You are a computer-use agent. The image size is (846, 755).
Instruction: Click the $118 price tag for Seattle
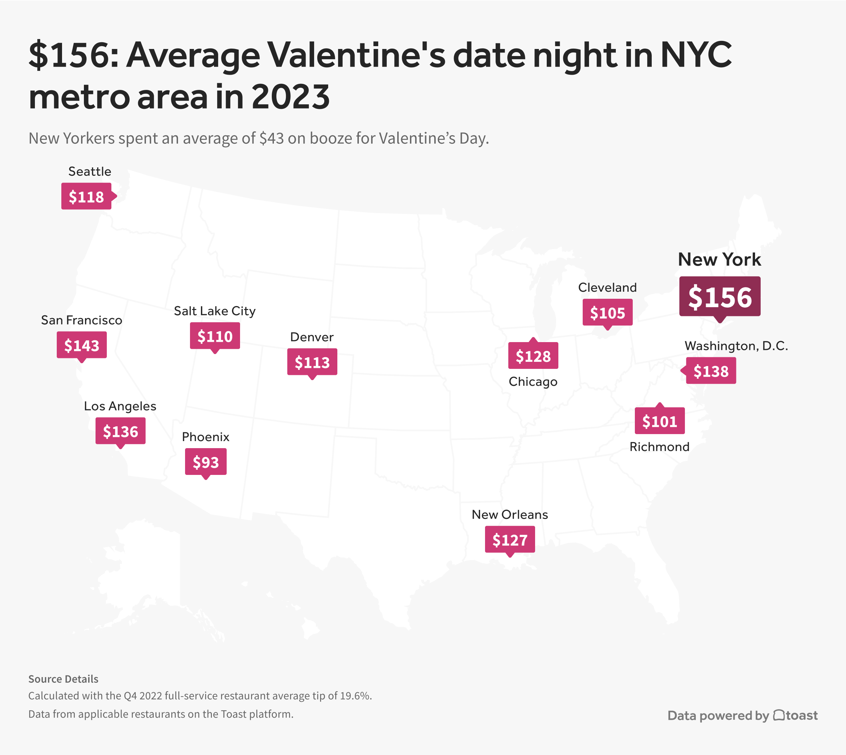86,196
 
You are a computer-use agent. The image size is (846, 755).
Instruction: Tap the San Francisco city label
81,320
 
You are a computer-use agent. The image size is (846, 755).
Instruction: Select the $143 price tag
82,345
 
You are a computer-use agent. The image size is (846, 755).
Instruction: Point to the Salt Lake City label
215,311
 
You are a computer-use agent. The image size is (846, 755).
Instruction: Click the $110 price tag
215,336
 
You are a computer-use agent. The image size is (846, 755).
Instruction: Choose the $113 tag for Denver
312,362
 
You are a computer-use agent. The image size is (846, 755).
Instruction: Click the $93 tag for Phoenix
206,462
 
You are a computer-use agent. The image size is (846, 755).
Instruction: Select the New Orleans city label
510,514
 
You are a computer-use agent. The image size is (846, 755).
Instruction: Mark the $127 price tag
510,540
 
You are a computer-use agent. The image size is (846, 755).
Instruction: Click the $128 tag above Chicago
533,356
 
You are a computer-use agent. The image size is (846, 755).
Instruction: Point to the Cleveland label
607,287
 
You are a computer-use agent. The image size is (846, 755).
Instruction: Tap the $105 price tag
607,312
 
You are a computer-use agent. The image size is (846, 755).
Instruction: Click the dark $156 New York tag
720,297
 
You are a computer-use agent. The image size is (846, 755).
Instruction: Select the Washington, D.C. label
736,346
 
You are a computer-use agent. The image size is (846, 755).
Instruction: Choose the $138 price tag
711,371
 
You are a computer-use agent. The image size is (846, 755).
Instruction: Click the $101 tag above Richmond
660,421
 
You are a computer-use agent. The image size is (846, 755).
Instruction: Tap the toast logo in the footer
795,715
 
